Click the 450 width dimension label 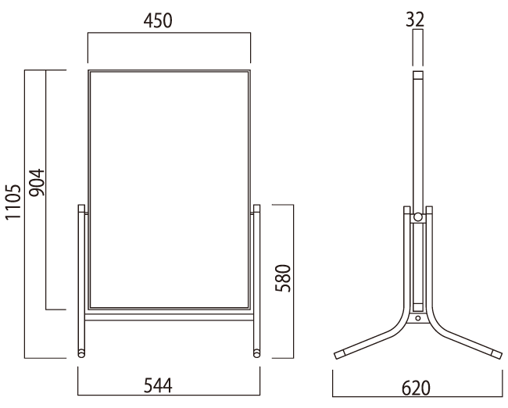click(158, 21)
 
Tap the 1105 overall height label click(13, 202)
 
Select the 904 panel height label click(37, 182)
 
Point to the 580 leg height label click(283, 278)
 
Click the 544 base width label click(158, 385)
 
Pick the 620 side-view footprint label click(416, 388)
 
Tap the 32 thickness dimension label click(415, 20)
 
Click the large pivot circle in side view click(418, 217)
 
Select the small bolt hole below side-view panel click(418, 318)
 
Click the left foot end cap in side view click(340, 354)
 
